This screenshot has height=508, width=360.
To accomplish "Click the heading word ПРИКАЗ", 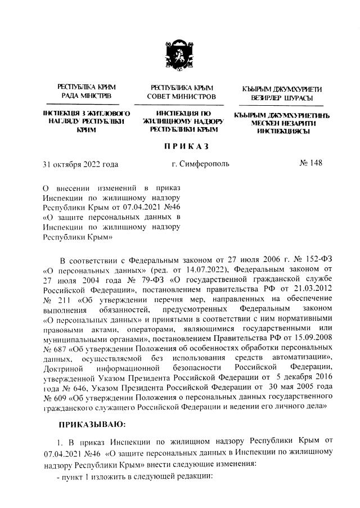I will (186, 146).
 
